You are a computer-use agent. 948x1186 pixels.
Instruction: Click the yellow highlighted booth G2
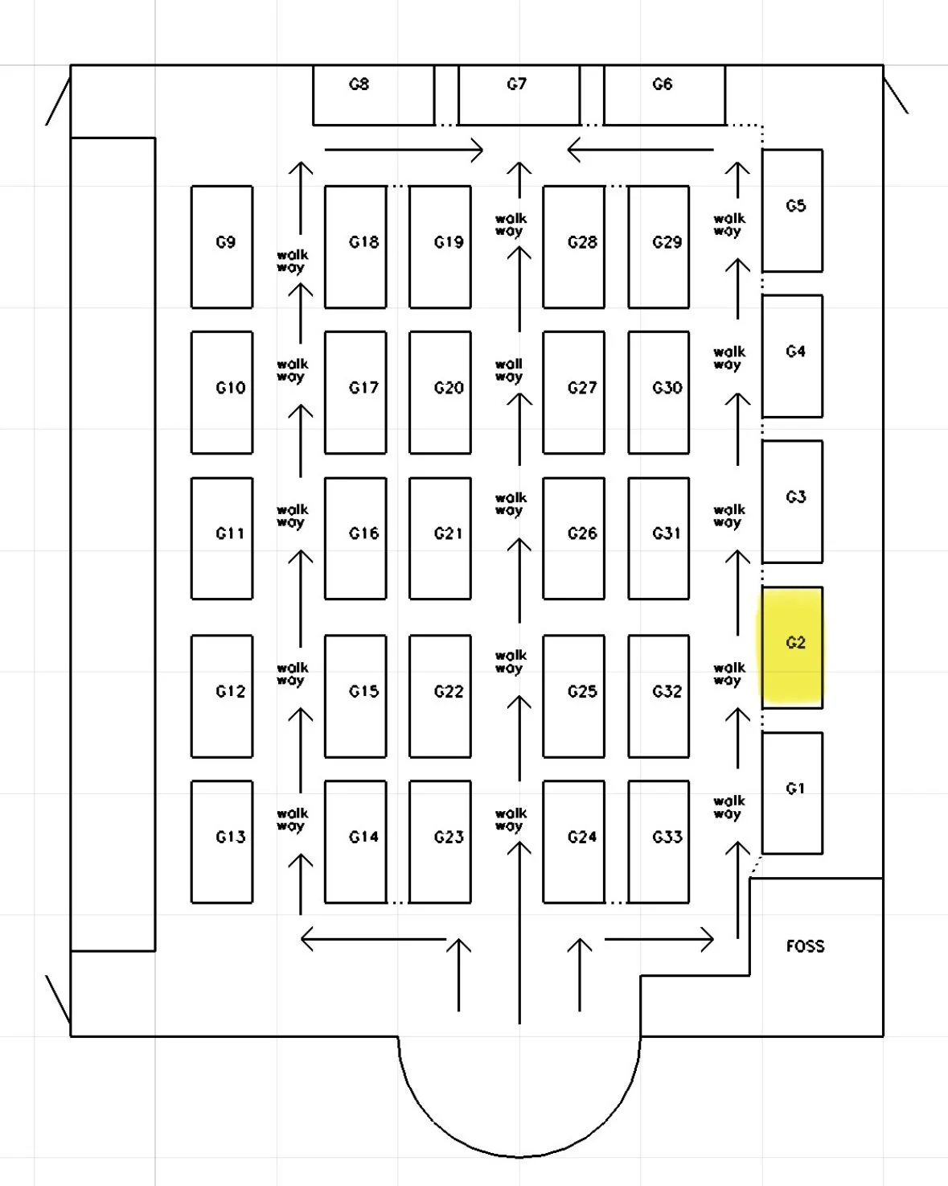792,647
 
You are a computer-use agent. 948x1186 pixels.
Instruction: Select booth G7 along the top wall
519,95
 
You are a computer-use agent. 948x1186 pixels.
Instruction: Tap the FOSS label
805,946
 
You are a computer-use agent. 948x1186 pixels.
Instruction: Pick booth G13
222,841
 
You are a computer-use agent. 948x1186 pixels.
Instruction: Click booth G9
222,246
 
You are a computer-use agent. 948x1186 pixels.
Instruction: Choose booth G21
440,537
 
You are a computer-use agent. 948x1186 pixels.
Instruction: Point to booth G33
659,841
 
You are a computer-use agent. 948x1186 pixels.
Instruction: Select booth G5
792,210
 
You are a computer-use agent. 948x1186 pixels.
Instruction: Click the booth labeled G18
355,246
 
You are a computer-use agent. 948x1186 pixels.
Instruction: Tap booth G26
573,537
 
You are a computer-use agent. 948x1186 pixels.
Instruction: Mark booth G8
373,95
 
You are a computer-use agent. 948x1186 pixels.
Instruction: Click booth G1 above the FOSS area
792,793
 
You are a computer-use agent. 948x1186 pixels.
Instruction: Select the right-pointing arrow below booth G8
403,150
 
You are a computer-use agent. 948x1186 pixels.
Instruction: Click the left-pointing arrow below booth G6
640,150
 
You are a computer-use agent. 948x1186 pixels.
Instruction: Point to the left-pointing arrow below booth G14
373,938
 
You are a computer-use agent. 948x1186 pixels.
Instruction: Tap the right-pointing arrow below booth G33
659,938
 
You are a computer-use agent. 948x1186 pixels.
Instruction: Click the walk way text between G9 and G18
291,261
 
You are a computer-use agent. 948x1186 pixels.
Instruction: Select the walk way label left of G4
728,358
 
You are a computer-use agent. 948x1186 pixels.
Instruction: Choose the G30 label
667,388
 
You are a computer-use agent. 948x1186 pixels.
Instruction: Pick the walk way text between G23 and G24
511,819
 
